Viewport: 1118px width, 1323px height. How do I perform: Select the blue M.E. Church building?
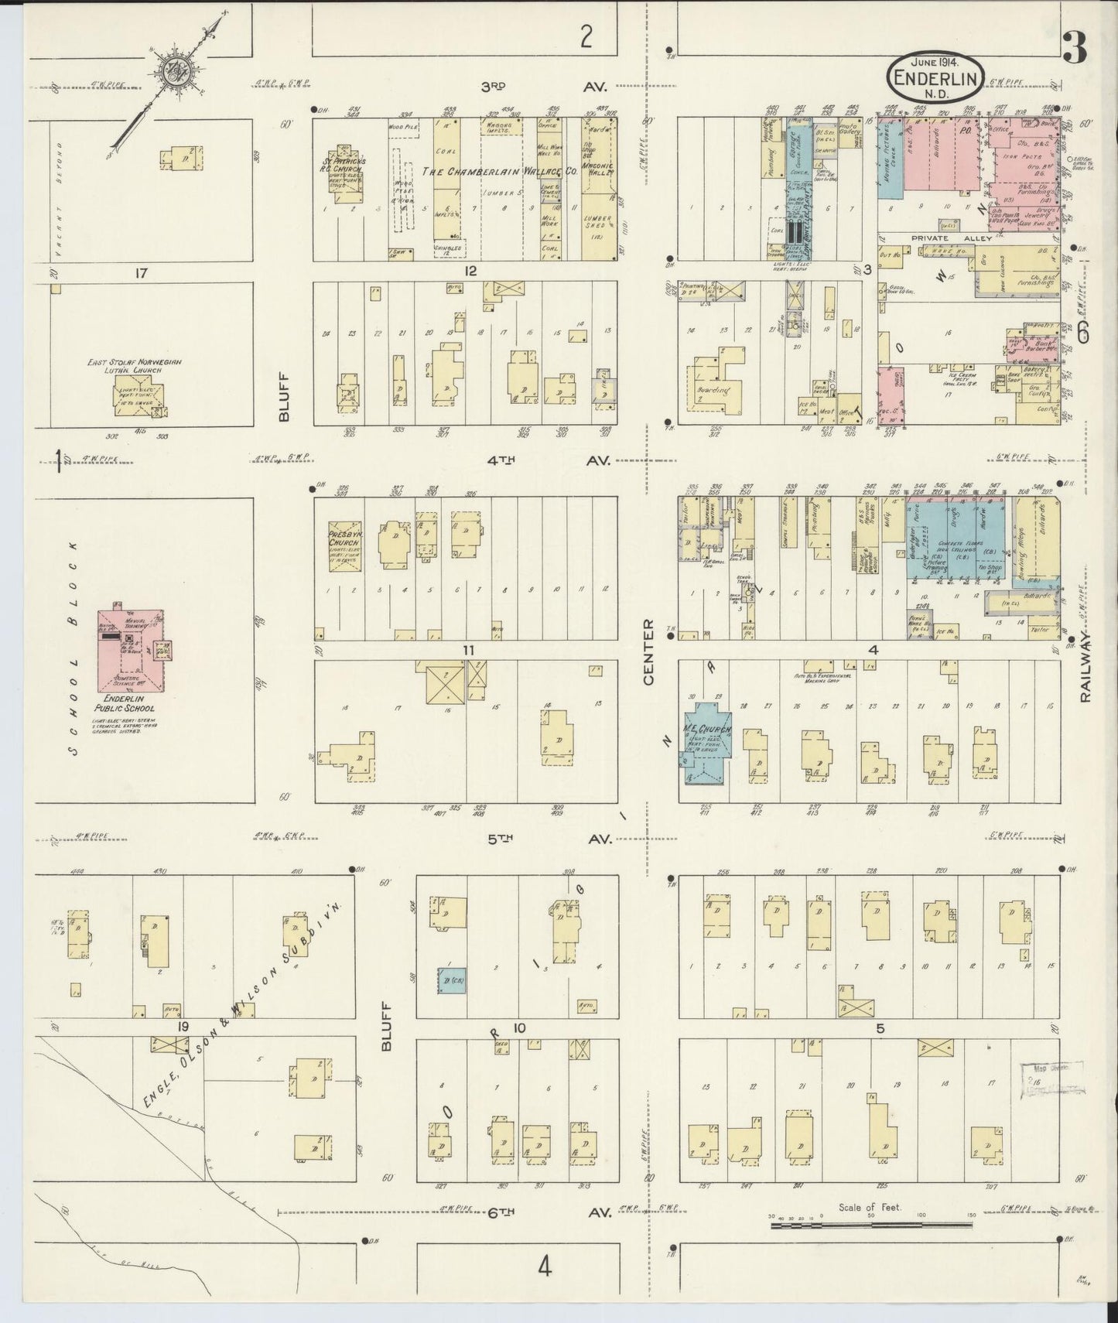point(705,743)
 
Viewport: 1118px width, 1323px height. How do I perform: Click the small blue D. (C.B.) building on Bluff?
point(451,981)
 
